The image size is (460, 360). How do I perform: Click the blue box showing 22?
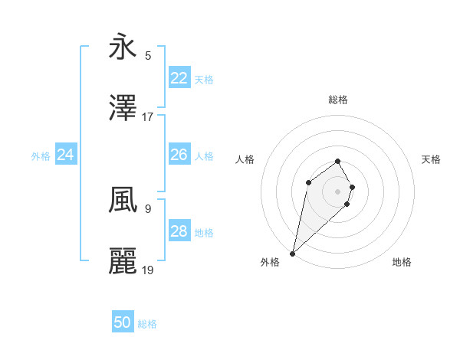click(179, 77)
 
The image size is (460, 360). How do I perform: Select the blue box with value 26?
click(179, 155)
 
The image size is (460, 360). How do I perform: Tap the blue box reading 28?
click(179, 231)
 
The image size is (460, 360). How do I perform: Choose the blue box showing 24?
click(66, 155)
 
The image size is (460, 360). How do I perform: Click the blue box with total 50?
click(123, 323)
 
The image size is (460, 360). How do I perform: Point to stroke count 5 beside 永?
click(148, 55)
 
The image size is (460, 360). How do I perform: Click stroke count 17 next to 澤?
click(148, 117)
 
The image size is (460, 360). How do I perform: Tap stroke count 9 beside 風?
click(148, 208)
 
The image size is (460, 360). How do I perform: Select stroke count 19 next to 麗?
click(148, 270)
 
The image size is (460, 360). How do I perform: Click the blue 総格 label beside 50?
click(147, 324)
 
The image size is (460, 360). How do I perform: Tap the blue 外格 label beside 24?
click(41, 155)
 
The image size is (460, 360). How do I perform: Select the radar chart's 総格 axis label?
click(338, 100)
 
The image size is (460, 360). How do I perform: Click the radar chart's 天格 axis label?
click(432, 159)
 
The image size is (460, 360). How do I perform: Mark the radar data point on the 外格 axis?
click(293, 253)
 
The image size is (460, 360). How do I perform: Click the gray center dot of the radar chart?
click(338, 191)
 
